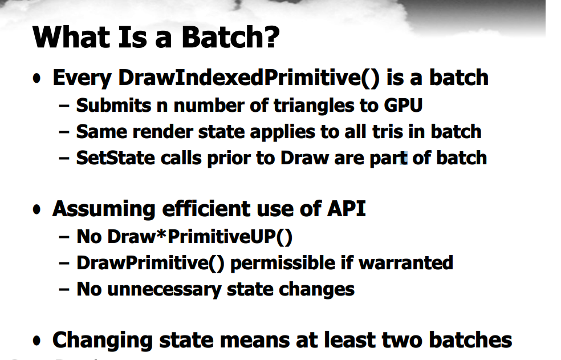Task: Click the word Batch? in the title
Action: pyautogui.click(x=230, y=37)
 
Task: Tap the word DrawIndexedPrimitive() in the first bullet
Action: pyautogui.click(x=249, y=78)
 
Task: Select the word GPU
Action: pyautogui.click(x=403, y=106)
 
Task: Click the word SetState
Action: pyautogui.click(x=116, y=158)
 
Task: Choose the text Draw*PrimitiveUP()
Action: pyautogui.click(x=200, y=237)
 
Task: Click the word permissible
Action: pyautogui.click(x=282, y=263)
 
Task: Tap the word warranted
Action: pyautogui.click(x=406, y=263)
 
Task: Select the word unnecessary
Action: pyautogui.click(x=164, y=289)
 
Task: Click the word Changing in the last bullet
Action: pyautogui.click(x=102, y=340)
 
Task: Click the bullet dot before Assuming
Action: pyautogui.click(x=36, y=209)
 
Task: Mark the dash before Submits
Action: pyautogui.click(x=64, y=106)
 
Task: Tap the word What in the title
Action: pyautogui.click(x=71, y=37)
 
